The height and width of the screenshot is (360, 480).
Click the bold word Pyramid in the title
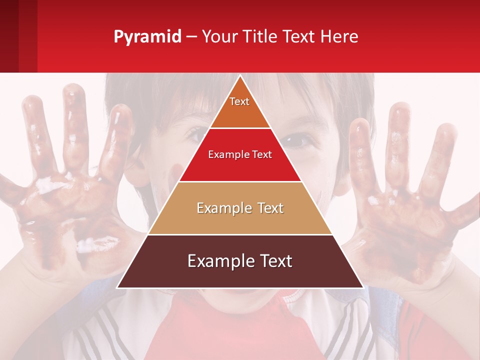[147, 36]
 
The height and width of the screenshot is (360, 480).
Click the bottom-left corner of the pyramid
[118, 287]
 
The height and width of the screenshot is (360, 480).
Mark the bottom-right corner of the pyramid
[362, 287]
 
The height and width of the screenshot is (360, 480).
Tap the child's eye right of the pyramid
[298, 140]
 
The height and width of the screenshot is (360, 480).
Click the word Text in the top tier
[239, 101]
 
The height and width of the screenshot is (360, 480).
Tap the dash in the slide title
[191, 37]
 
